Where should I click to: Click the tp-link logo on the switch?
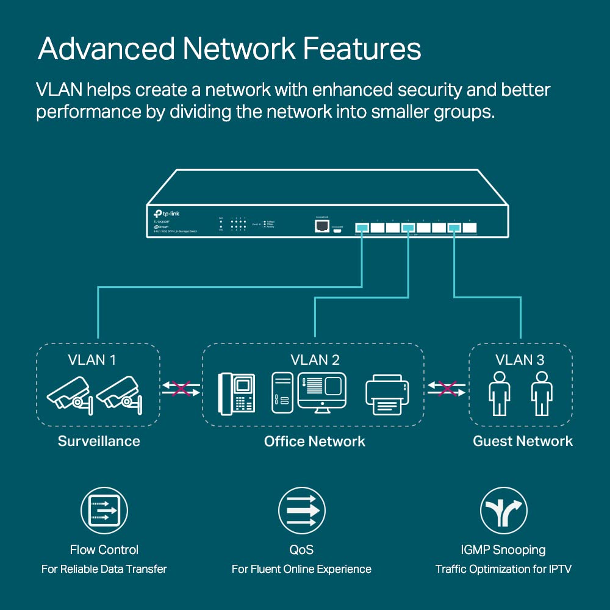[x=167, y=213]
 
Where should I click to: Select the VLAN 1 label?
[x=92, y=359]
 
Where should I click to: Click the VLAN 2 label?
[x=315, y=359]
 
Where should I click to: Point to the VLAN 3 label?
[x=520, y=359]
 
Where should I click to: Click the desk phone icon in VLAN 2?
[x=236, y=393]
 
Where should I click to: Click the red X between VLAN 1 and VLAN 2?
[x=181, y=389]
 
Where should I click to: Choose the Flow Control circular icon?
[x=104, y=511]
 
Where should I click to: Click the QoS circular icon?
[x=301, y=511]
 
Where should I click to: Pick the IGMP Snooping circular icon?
[x=503, y=511]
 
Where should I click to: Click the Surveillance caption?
[x=99, y=441]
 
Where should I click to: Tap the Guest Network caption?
[x=523, y=441]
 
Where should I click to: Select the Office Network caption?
[x=315, y=441]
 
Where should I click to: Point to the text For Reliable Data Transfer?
[x=104, y=569]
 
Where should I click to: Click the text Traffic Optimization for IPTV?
[x=503, y=569]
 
